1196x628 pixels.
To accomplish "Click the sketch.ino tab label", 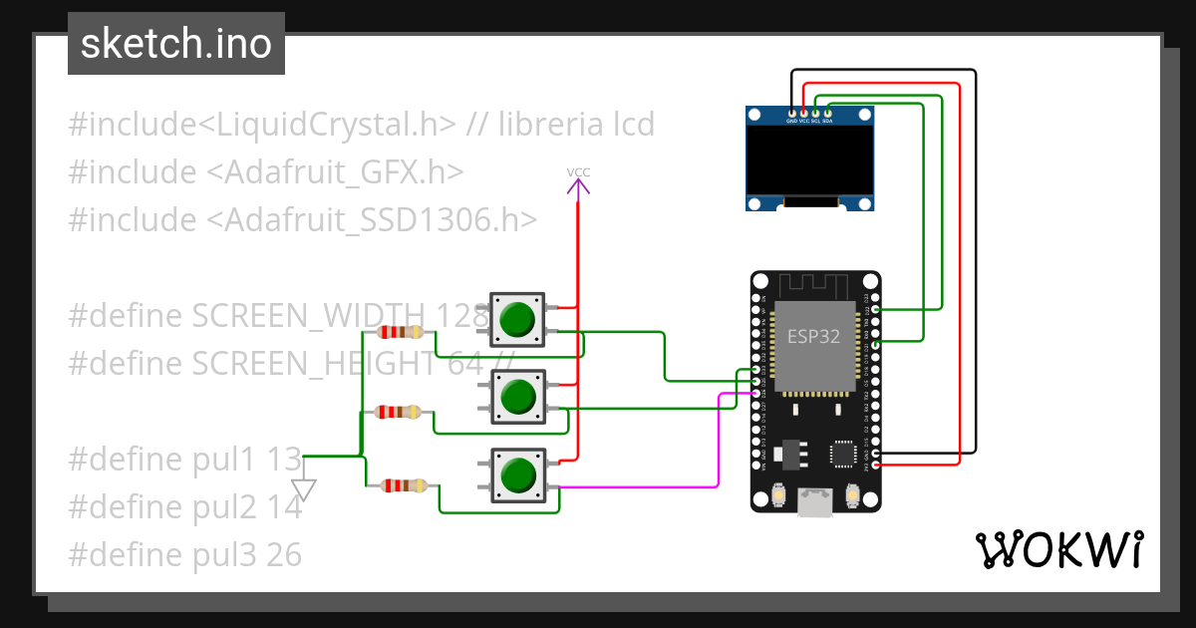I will (175, 44).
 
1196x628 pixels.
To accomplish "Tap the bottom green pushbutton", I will (517, 474).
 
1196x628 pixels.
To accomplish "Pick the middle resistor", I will (399, 411).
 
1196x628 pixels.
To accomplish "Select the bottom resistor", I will (405, 485).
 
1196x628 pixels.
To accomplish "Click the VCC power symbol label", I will (579, 172).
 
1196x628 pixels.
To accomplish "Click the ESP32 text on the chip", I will (813, 337).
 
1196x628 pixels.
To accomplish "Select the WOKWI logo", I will (1057, 549).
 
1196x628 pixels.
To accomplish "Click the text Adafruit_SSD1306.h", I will (373, 219).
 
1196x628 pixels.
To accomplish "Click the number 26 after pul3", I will (284, 554).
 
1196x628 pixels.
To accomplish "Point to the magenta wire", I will (719, 439).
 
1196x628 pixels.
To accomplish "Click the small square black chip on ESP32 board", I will (844, 455).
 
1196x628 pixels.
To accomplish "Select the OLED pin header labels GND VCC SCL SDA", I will (808, 121).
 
